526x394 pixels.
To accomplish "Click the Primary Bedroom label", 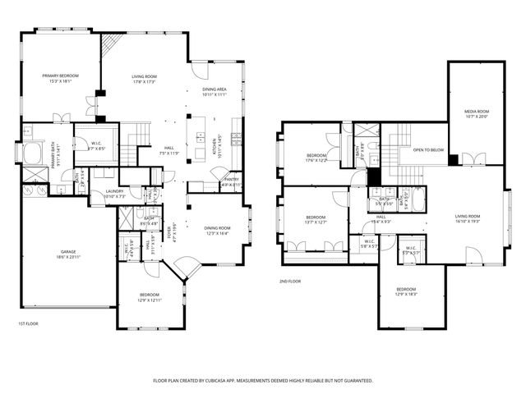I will (x=60, y=76).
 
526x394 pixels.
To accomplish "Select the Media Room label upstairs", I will (x=477, y=111).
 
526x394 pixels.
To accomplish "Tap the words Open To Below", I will (x=428, y=150).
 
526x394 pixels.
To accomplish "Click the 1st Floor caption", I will (x=28, y=323).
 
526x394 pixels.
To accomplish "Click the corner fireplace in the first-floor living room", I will (x=113, y=47).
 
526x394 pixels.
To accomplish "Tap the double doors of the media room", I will (x=471, y=157).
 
